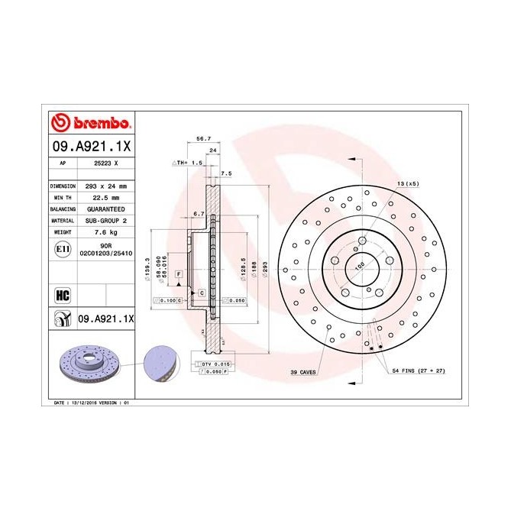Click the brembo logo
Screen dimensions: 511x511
(91, 124)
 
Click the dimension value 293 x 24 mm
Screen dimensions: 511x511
(105, 186)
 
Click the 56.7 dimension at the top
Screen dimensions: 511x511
(204, 140)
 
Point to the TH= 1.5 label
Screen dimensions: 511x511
(188, 163)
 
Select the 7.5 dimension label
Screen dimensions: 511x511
(226, 173)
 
